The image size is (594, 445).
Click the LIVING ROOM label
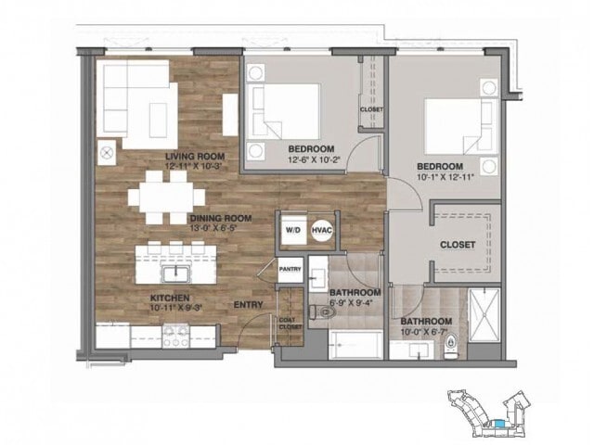coord(190,156)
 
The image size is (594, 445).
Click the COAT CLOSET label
coord(290,324)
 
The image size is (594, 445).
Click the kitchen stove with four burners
coord(176,336)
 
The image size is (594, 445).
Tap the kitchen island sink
coord(173,273)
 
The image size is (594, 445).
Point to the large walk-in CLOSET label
coord(458,245)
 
